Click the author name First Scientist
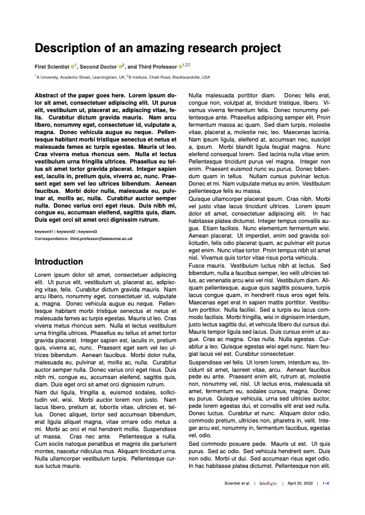[52, 66]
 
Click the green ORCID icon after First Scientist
[73, 66]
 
